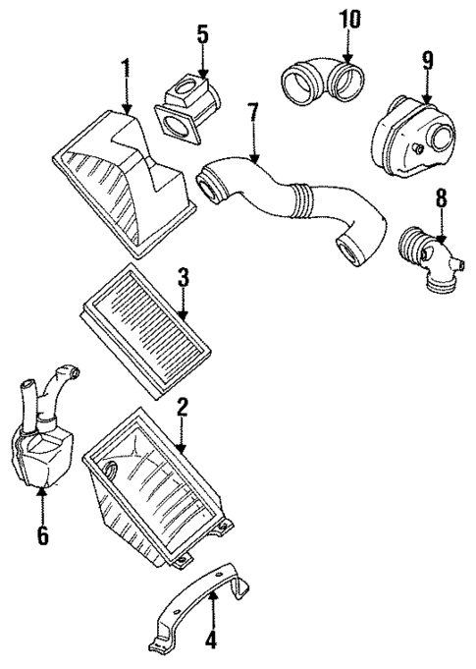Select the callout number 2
pos(182,407)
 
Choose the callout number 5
pos(202,35)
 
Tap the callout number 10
pos(349,17)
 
